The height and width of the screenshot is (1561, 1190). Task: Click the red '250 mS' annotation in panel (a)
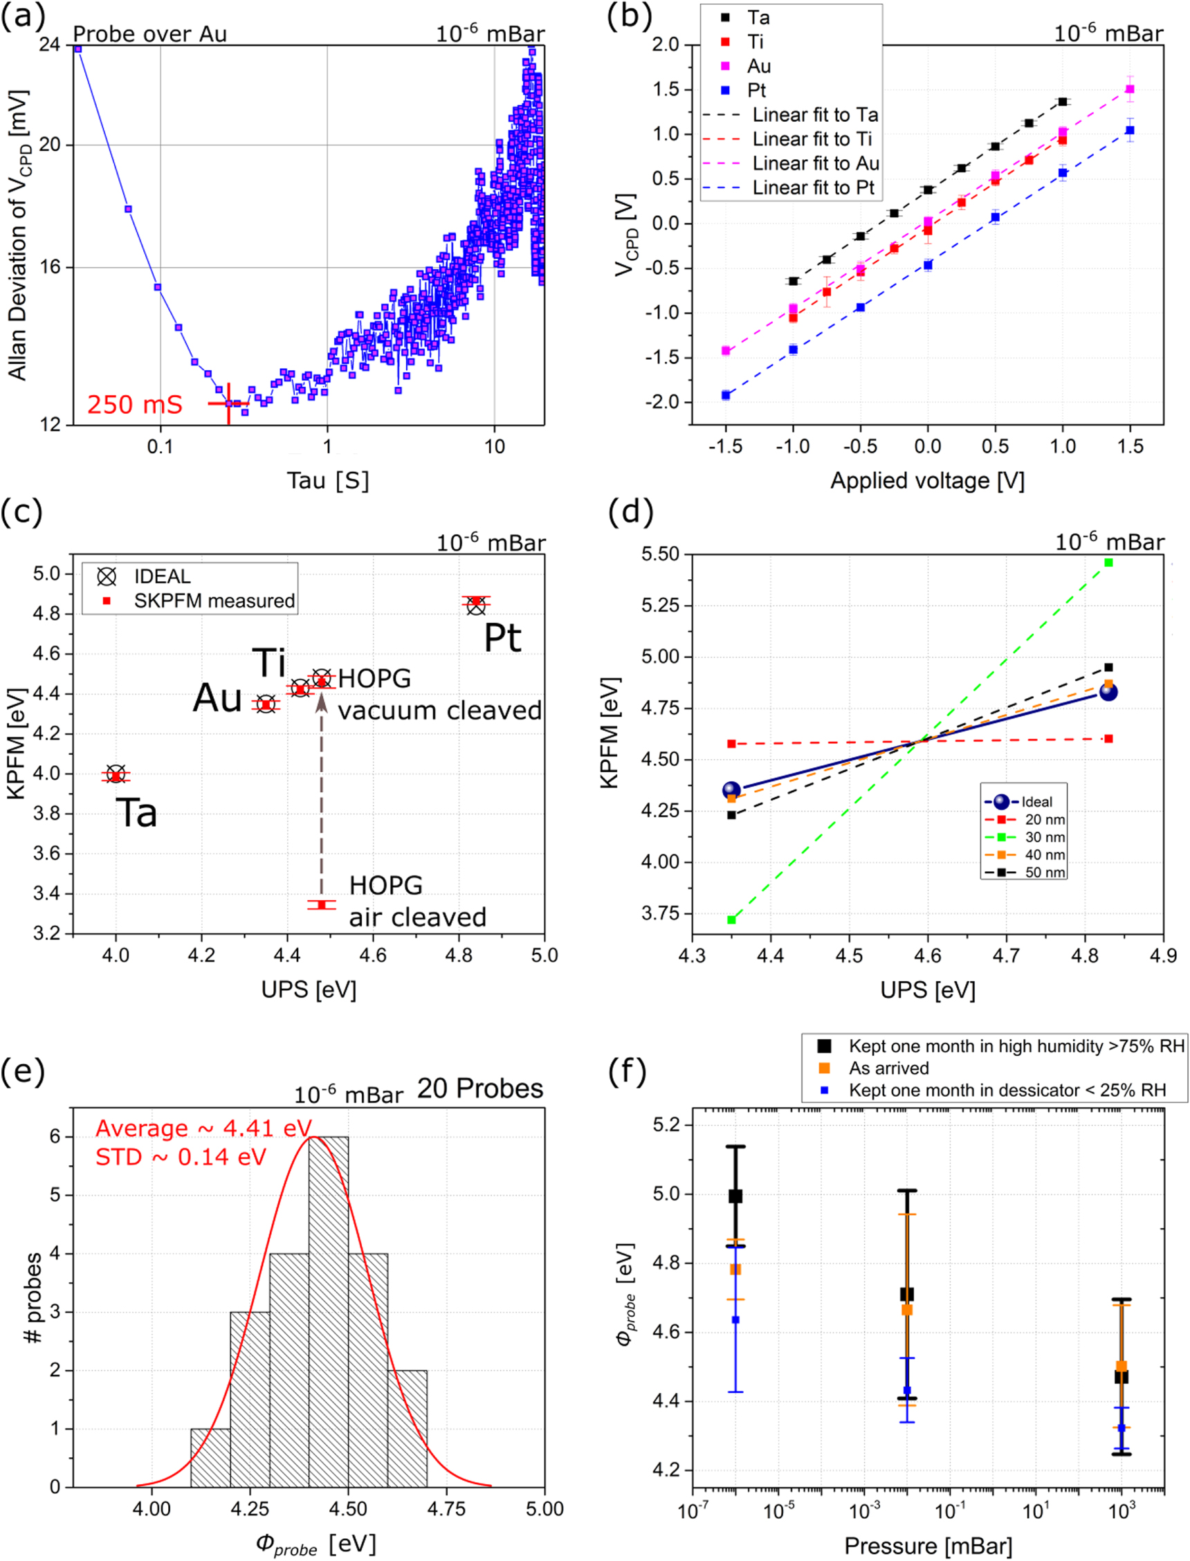pyautogui.click(x=135, y=405)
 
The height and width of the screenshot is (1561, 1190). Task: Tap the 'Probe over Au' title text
pyautogui.click(x=149, y=34)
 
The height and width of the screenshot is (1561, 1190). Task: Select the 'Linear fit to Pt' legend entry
pyautogui.click(x=812, y=188)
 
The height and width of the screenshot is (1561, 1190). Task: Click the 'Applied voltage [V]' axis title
pyautogui.click(x=927, y=481)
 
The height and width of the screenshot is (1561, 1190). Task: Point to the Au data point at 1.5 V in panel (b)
pyautogui.click(x=1130, y=89)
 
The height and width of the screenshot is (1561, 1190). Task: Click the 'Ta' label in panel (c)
pyautogui.click(x=136, y=812)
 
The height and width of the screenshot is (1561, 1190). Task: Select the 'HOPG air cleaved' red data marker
pyautogui.click(x=322, y=905)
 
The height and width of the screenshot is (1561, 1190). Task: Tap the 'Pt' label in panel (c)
pyautogui.click(x=502, y=638)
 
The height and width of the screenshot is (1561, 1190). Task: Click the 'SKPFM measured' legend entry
pyautogui.click(x=214, y=601)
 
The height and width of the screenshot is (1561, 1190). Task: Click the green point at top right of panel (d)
pyautogui.click(x=1108, y=563)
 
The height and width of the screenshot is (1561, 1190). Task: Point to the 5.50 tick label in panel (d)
pyautogui.click(x=661, y=554)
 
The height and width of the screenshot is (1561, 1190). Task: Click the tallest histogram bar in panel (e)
pyautogui.click(x=329, y=1311)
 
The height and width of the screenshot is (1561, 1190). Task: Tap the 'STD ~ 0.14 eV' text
pyautogui.click(x=181, y=1158)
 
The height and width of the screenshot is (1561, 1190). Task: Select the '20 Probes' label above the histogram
pyautogui.click(x=479, y=1088)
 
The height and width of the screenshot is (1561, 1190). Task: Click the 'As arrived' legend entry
pyautogui.click(x=888, y=1068)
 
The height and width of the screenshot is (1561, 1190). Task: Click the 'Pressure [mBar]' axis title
pyautogui.click(x=927, y=1545)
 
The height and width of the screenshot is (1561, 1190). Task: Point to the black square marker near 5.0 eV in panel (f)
pyautogui.click(x=735, y=1196)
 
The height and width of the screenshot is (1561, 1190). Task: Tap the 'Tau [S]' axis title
pyautogui.click(x=327, y=481)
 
